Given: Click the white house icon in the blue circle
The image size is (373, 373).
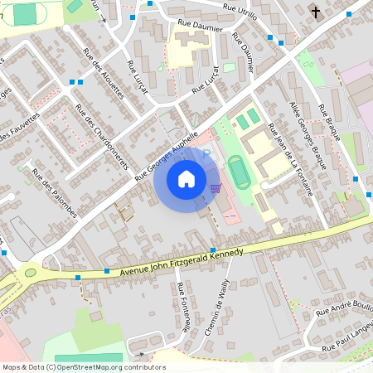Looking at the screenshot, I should click(x=186, y=178).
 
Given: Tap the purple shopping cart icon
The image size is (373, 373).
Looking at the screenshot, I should click(x=216, y=188).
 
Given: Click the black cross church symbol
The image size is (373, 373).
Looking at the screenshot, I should click(x=315, y=12).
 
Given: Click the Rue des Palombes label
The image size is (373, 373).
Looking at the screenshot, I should click(x=54, y=192).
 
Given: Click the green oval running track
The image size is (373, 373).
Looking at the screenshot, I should click(x=240, y=172).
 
